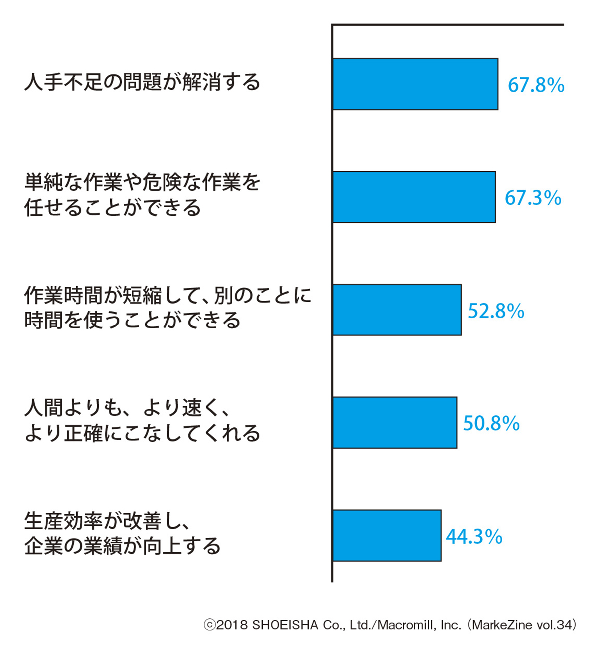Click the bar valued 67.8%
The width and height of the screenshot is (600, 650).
pos(415,84)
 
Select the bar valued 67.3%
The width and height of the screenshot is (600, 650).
pos(414,197)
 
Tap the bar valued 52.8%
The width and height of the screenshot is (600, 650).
pos(397,310)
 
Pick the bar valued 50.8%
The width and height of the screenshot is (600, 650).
pos(395,422)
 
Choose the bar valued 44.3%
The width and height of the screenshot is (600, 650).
pos(387,535)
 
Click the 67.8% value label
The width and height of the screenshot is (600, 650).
pos(536,85)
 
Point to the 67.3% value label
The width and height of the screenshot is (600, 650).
pos(533,198)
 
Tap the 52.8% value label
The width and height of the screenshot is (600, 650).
pos(496,311)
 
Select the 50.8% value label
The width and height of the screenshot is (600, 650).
pos(491,424)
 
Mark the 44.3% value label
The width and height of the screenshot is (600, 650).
pos(474,537)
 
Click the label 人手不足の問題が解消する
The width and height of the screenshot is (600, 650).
pos(142,82)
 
